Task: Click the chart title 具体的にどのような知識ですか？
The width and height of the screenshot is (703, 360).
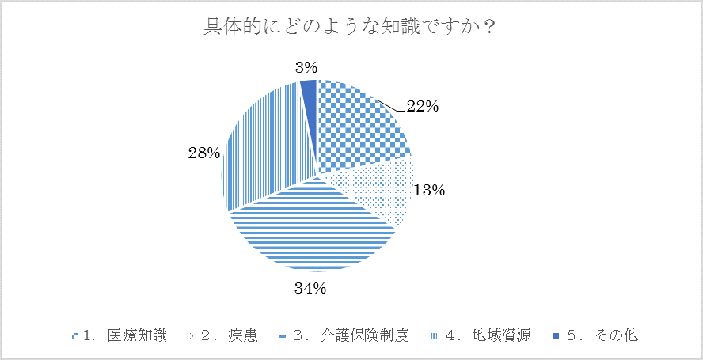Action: (x=351, y=28)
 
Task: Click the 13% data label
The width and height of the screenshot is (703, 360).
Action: (x=430, y=190)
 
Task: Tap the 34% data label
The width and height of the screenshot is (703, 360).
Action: (x=310, y=288)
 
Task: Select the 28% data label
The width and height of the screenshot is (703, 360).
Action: (x=204, y=153)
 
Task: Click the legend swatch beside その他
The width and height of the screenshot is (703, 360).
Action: (x=557, y=336)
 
